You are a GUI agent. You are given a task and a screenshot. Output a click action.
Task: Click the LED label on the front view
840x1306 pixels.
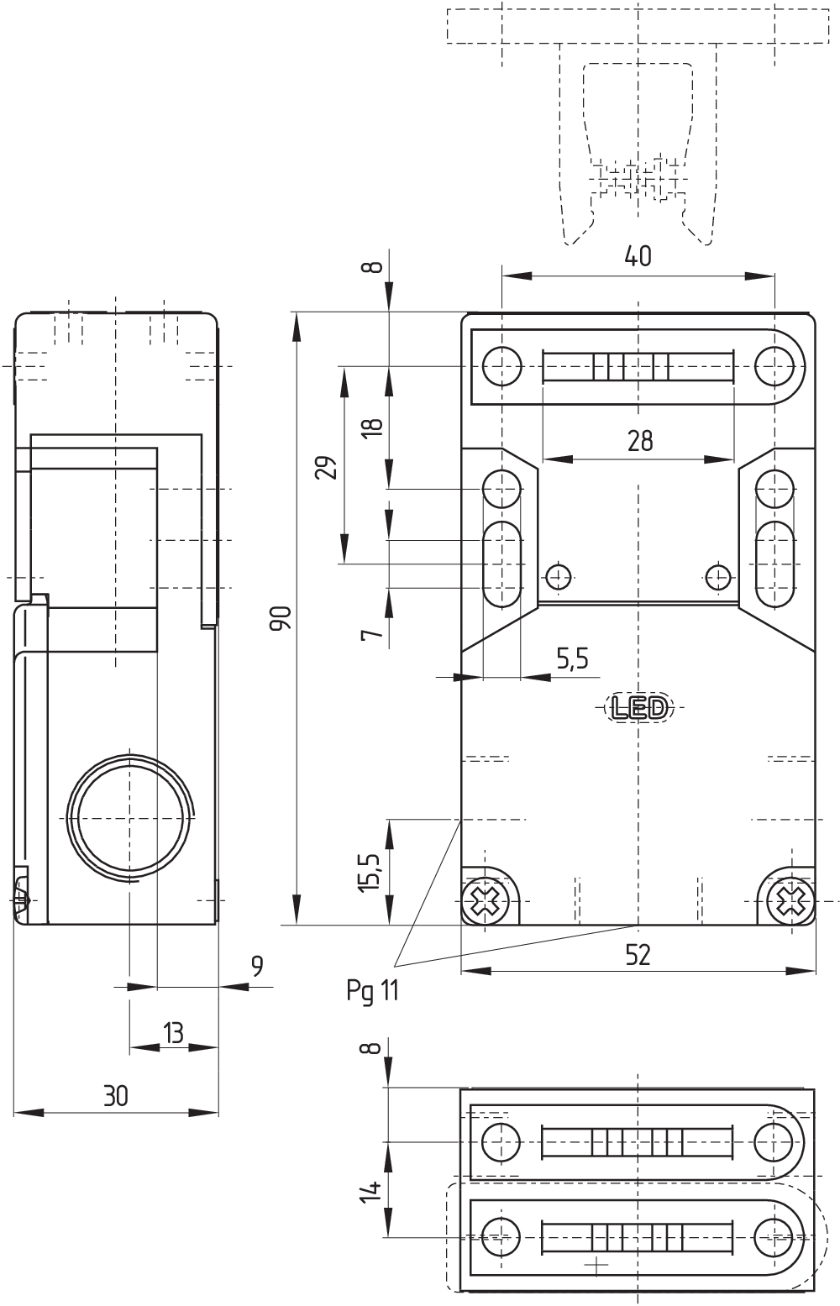pos(638,708)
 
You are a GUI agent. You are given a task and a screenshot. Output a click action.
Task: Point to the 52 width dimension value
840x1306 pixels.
pos(638,955)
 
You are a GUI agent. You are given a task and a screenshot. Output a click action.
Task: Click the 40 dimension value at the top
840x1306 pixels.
pos(638,257)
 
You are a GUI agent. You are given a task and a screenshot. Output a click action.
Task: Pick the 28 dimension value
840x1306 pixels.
pos(640,440)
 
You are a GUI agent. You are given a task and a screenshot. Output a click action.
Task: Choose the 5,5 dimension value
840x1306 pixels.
pos(572,660)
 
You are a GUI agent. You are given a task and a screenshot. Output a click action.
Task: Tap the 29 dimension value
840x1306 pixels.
pos(328,467)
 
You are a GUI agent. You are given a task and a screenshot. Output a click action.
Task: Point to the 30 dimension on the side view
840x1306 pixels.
pos(116,1095)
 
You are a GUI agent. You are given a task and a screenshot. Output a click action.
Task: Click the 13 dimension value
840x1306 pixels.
pos(173,1032)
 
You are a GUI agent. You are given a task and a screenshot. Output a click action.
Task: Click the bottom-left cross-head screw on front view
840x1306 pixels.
pos(485,901)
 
